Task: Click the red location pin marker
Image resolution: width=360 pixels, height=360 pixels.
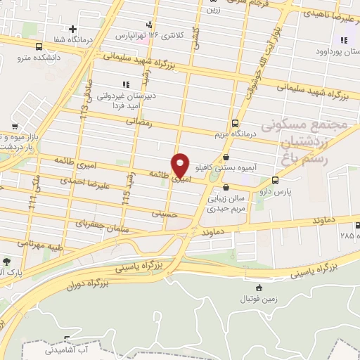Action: pos(181,165)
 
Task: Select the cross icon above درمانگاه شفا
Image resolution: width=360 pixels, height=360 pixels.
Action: pos(73,29)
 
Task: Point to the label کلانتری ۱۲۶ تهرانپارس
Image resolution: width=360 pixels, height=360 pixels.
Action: pos(162,34)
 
